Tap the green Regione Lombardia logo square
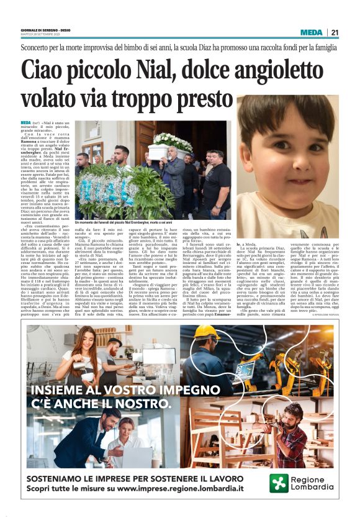click(279, 483)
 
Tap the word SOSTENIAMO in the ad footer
click(60, 478)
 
